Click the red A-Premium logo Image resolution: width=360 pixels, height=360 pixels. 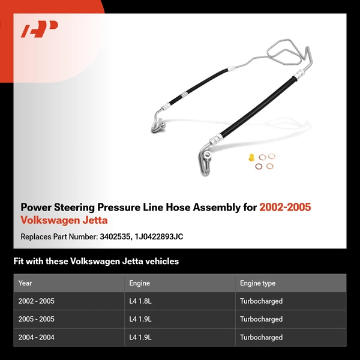pyautogui.click(x=39, y=28)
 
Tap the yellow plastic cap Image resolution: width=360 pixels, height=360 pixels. pyautogui.click(x=250, y=158)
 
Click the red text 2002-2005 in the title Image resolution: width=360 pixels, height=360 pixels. pyautogui.click(x=285, y=208)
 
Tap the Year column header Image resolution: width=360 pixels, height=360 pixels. pyautogui.click(x=25, y=283)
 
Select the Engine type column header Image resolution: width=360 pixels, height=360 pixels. pyautogui.click(x=257, y=283)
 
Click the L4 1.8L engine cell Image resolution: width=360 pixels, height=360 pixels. pyautogui.click(x=140, y=301)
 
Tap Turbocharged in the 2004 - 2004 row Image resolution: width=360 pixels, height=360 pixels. pyautogui.click(x=261, y=337)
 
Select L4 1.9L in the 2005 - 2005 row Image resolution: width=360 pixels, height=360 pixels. pyautogui.click(x=140, y=319)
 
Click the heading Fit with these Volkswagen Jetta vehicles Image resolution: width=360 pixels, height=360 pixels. pyautogui.click(x=96, y=262)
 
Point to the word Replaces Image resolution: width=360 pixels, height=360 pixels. pyautogui.click(x=35, y=236)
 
